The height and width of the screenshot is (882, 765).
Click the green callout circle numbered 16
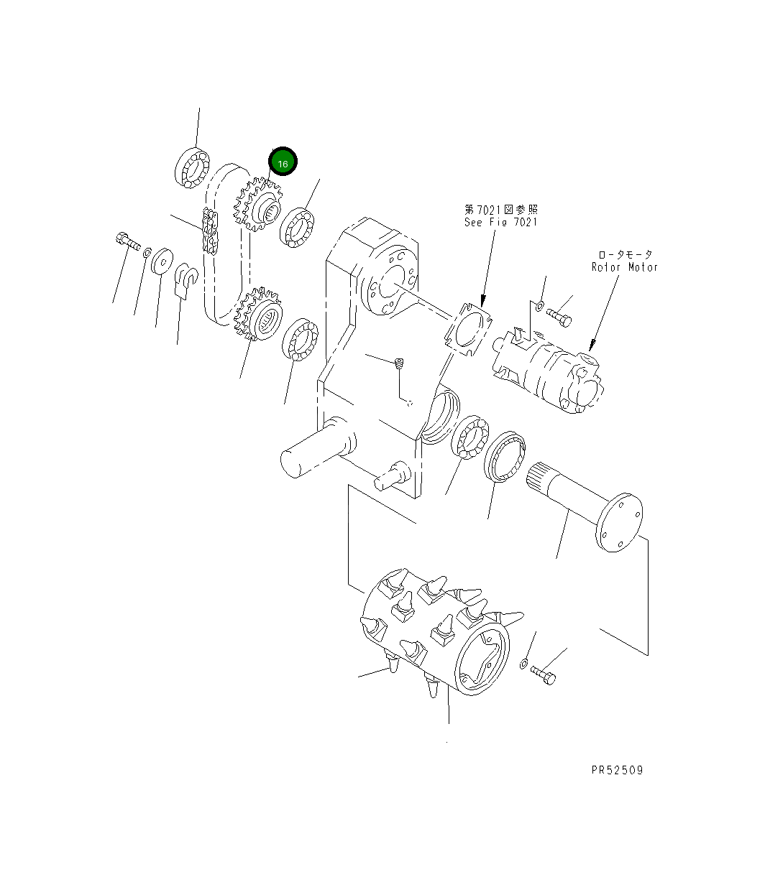[283, 163]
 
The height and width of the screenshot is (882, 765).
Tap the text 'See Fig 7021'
[500, 222]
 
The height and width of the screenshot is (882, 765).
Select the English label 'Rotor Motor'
[624, 267]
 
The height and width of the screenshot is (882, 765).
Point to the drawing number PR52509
[617, 770]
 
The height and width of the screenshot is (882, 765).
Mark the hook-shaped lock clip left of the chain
[186, 279]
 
